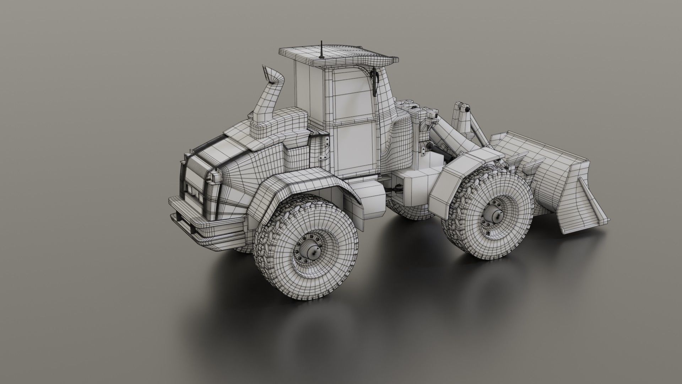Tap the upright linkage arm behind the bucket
462,117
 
